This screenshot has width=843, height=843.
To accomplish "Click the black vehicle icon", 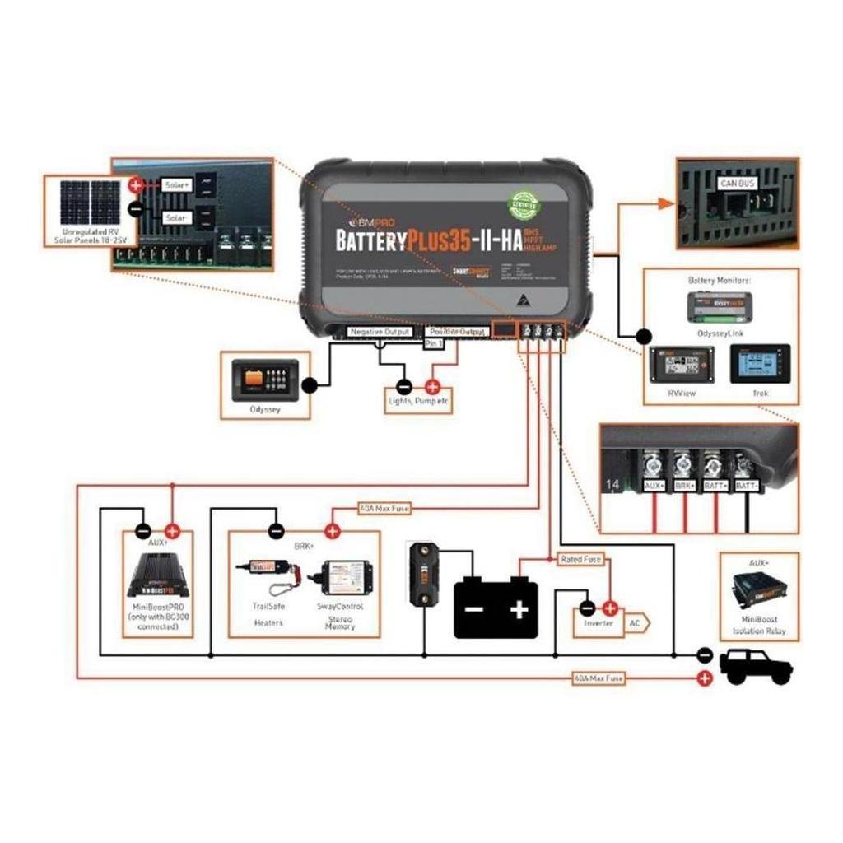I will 756,666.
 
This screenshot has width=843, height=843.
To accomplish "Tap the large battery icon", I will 496,608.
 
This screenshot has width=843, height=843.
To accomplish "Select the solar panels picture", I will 89,203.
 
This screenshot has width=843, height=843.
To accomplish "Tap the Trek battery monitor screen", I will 759,363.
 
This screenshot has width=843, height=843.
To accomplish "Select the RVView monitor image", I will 682,363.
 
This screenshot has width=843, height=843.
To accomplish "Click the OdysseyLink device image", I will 720,306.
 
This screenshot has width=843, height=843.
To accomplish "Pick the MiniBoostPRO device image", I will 158,576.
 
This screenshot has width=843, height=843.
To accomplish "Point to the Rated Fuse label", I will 580,560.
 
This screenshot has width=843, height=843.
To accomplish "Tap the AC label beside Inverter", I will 635,623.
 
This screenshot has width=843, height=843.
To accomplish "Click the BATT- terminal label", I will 746,487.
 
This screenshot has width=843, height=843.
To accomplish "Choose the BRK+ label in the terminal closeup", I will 685,487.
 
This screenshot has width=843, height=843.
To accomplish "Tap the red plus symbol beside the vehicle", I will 705,678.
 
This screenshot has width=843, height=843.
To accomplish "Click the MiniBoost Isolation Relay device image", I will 759,589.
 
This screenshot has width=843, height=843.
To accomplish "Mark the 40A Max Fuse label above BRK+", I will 384,509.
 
